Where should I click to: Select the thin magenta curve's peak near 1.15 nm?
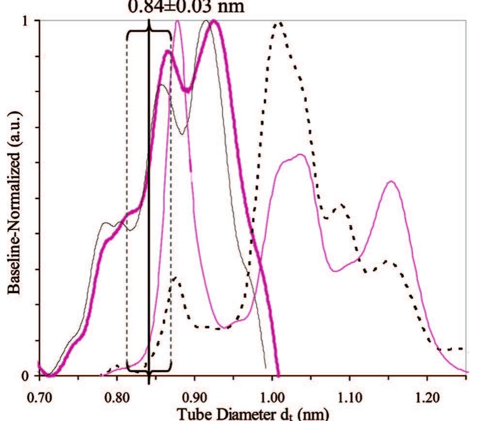pos(391,181)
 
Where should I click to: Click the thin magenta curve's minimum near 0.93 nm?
pos(222,327)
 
